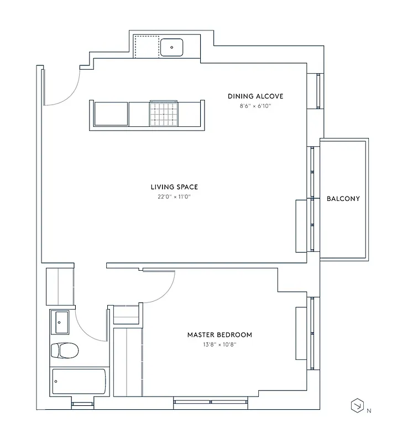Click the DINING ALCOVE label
(x=255, y=96)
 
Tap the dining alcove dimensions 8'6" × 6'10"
(x=255, y=106)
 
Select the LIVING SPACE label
(x=174, y=187)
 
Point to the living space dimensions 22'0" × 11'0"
(x=174, y=197)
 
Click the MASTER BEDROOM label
(x=220, y=334)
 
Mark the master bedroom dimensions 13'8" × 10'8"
(x=220, y=344)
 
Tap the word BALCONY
(x=343, y=199)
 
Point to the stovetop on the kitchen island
(x=163, y=114)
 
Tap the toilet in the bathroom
(x=64, y=350)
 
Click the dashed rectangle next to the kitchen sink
(x=147, y=47)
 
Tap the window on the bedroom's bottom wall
(x=210, y=402)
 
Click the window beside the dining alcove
(x=317, y=91)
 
